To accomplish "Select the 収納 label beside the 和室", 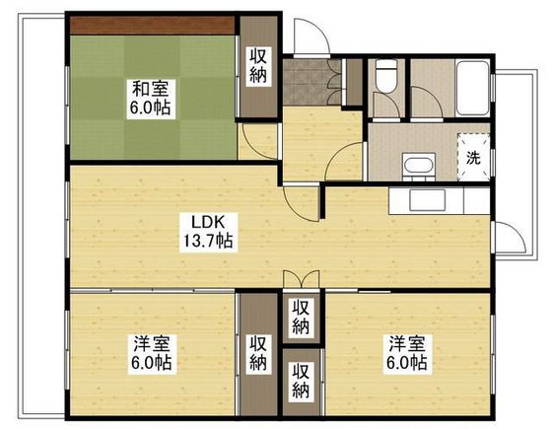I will [x=258, y=66].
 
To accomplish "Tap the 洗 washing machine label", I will [x=473, y=158].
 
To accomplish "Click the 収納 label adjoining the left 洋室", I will [x=258, y=353].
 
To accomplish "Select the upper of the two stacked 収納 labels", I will [x=301, y=318].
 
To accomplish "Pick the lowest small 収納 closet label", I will [x=301, y=382].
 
